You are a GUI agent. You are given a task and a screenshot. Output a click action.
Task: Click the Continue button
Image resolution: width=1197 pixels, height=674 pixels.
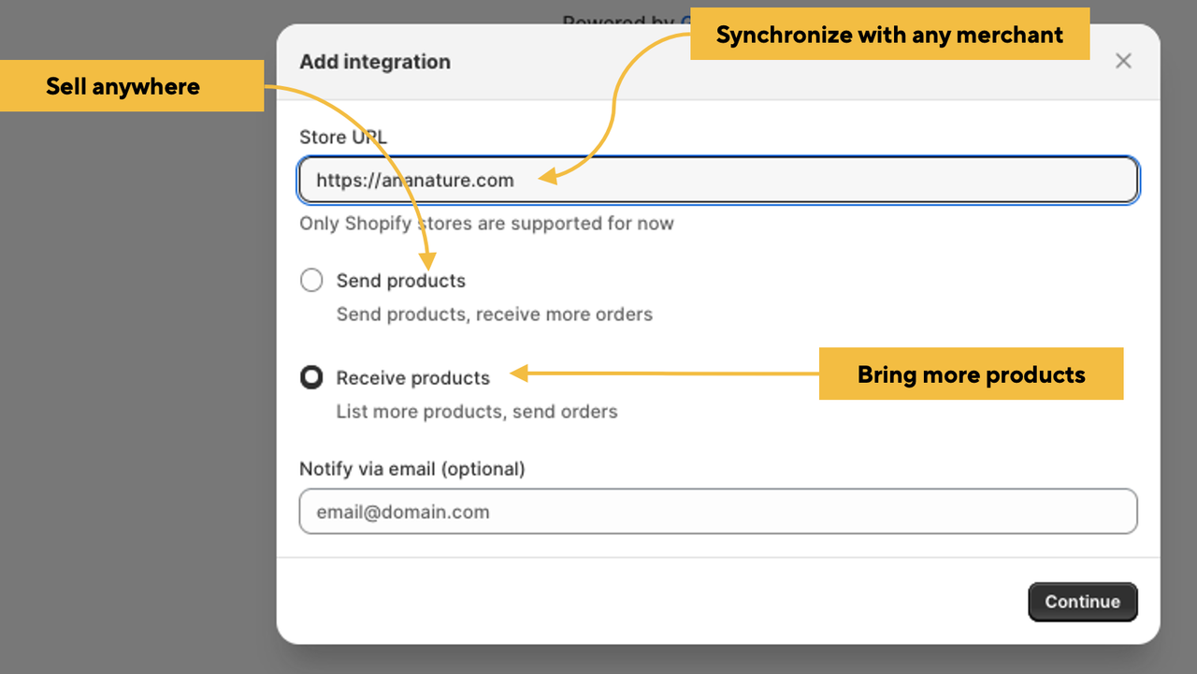tap(1083, 602)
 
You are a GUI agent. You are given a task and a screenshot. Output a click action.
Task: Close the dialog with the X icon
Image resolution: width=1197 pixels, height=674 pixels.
tap(1123, 61)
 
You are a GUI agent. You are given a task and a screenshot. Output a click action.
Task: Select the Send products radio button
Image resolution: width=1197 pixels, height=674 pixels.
tap(311, 280)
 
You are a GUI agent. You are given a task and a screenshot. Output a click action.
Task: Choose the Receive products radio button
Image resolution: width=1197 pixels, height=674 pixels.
tap(311, 377)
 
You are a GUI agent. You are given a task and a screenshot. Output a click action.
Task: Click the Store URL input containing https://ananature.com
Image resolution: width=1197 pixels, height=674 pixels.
tap(718, 181)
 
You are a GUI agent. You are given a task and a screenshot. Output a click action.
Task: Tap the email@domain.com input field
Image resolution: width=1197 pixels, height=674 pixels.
tap(718, 511)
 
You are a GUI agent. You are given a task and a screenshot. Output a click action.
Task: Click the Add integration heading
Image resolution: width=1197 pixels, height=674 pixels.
tap(375, 62)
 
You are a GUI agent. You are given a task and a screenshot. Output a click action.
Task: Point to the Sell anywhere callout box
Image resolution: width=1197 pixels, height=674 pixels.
tap(132, 85)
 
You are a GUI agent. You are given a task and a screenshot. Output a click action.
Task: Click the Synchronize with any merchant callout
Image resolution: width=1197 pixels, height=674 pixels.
tap(889, 34)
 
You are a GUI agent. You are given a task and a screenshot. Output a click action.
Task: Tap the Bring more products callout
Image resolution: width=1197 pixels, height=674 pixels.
tap(971, 374)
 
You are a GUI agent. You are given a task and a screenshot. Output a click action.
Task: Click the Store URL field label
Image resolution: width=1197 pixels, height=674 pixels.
tap(343, 138)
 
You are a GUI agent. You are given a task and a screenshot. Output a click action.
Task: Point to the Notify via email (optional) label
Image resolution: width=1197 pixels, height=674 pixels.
tap(412, 469)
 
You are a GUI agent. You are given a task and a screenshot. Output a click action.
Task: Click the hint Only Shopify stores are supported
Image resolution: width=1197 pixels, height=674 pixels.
tap(486, 224)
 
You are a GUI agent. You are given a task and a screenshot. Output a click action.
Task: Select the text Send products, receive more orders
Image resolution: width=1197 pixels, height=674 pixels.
tap(495, 315)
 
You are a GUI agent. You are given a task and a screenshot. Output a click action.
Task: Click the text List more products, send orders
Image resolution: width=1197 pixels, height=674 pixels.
tap(477, 412)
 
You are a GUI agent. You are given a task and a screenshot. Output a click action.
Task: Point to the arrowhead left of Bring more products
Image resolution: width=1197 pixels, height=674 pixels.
tap(519, 374)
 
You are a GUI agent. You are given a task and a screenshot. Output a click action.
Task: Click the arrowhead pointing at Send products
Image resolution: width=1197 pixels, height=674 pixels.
tap(427, 261)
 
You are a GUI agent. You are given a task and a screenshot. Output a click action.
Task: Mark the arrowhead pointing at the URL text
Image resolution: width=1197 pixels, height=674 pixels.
tap(548, 177)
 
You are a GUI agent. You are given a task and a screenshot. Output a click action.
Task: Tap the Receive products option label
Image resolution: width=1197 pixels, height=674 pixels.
tap(412, 378)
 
